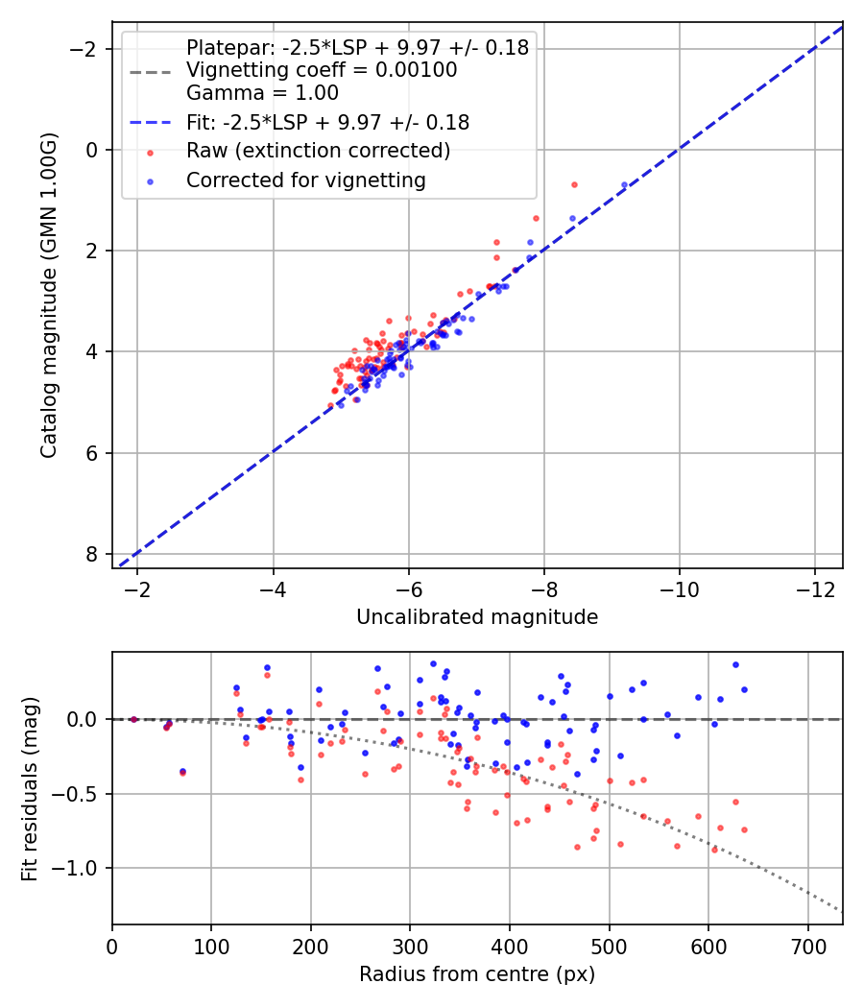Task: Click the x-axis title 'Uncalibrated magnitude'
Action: coord(477,617)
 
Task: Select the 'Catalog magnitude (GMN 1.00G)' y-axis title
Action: coord(49,295)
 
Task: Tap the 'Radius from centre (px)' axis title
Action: coord(477,974)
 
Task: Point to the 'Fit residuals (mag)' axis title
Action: coord(30,788)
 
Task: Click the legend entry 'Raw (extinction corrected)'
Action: coord(318,151)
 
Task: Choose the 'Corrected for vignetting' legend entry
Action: coord(306,180)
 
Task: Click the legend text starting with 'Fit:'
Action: coord(327,123)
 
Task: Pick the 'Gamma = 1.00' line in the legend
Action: coord(262,93)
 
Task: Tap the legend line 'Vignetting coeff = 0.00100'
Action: coord(322,70)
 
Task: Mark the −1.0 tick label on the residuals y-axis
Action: coord(77,868)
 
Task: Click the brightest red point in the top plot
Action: coord(574,184)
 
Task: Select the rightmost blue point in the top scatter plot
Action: coord(624,184)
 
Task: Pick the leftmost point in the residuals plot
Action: coord(133,719)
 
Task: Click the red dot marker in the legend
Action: coord(150,152)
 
